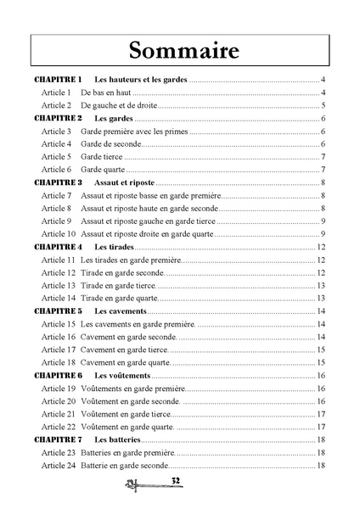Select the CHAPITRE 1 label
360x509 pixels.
[58, 79]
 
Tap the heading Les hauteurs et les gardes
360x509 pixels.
[139, 79]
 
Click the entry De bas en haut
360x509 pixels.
[106, 92]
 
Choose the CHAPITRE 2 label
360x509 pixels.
[58, 118]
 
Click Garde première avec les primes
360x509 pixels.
[134, 131]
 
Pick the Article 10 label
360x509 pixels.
[59, 233]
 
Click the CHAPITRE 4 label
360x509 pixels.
[58, 247]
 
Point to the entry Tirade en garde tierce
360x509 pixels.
[118, 285]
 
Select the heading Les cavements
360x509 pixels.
[122, 311]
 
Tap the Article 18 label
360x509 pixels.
[59, 362]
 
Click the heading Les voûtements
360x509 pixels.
[122, 375]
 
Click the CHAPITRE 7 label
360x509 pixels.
[58, 439]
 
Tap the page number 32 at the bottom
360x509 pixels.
[177, 481]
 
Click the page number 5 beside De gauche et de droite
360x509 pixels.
[324, 105]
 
